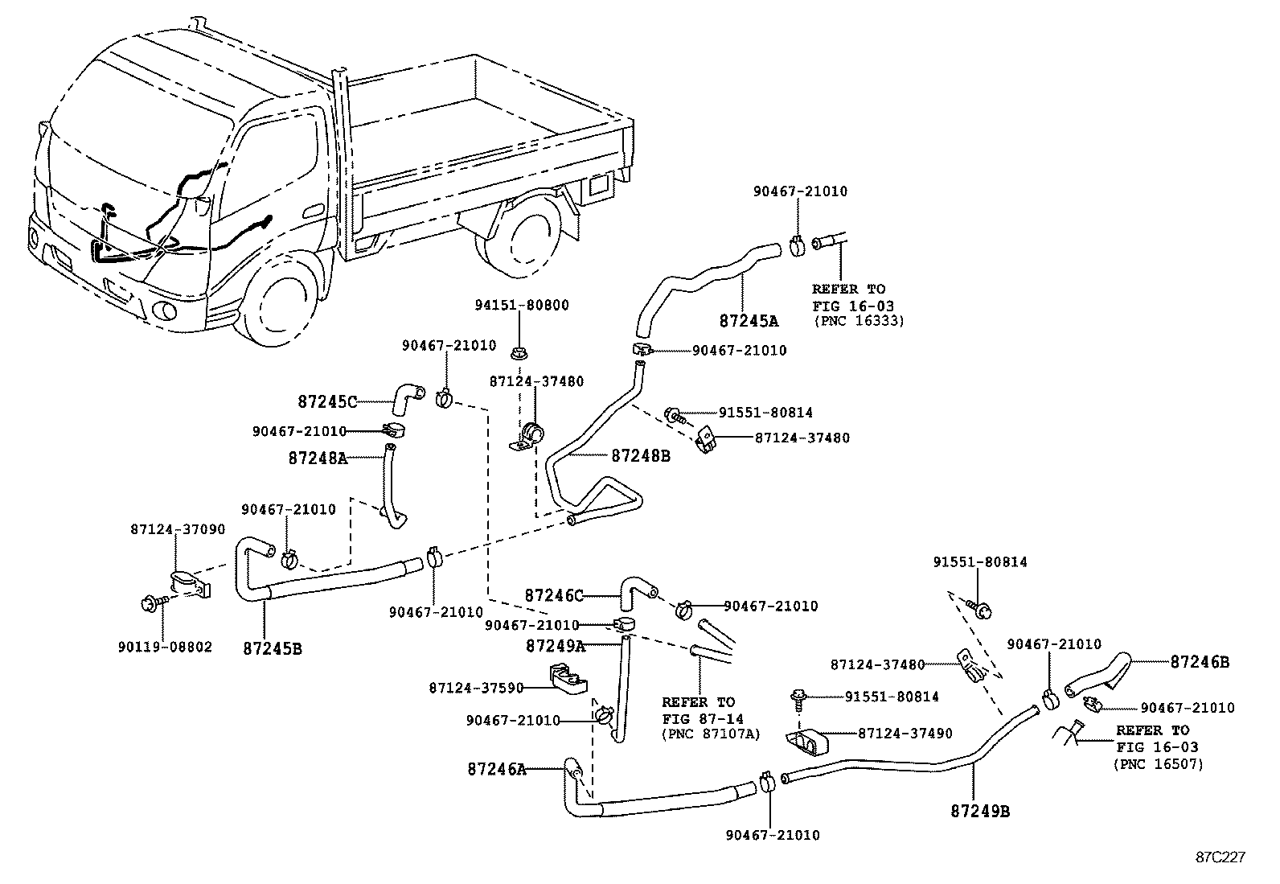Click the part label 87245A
click(749, 321)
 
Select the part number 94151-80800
click(521, 306)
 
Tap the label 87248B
click(640, 456)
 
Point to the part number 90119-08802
click(164, 647)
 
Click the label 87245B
click(272, 648)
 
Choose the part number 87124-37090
click(177, 529)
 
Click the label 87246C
click(553, 596)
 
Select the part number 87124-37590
click(476, 688)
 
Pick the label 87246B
click(1199, 662)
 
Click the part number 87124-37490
click(905, 734)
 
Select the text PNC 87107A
click(711, 734)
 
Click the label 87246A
click(496, 770)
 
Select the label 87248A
click(318, 458)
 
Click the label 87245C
click(327, 401)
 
